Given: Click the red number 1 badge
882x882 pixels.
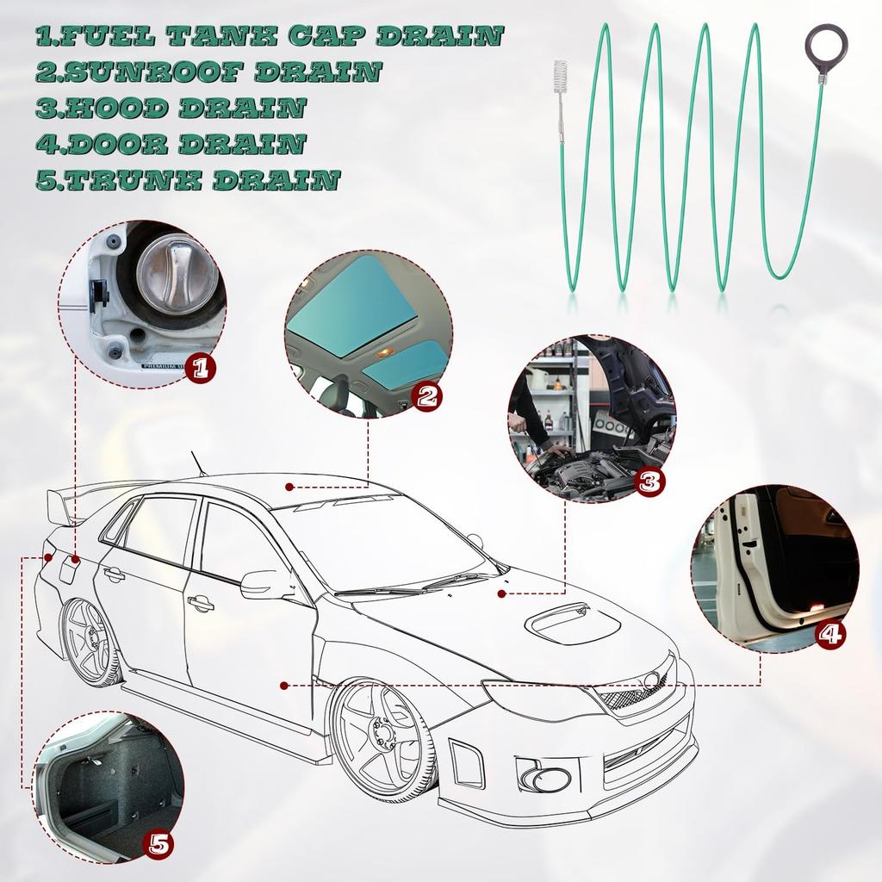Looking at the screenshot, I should coord(200,370).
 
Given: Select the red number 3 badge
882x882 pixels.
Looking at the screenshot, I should coord(649,481).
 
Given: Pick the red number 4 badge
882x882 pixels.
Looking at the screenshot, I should coord(829,636).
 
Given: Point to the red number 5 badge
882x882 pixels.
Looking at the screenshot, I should coord(158,842).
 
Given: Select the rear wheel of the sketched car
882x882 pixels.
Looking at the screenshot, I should coord(90,642).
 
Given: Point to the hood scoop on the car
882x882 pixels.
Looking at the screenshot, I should coord(571,623).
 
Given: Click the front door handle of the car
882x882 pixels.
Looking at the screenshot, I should coord(201,605).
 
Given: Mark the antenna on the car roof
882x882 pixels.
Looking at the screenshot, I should coord(197,463).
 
